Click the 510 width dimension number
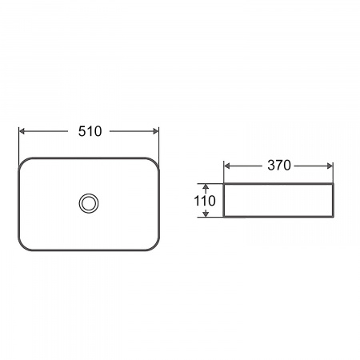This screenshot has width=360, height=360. pos(90,131)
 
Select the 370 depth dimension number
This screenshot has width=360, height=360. pos(279,166)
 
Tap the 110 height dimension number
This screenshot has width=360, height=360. pos(205,201)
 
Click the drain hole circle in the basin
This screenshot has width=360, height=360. pos(89,203)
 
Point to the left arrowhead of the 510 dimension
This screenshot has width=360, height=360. pos(22,131)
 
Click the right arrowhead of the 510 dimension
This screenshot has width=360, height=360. pos(155,131)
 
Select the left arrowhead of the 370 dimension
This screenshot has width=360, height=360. pos(227,166)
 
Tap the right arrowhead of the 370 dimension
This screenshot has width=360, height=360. pos(330,166)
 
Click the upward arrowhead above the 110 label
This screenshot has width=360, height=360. pos(206,186)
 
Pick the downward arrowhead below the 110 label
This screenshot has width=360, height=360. pos(206,214)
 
